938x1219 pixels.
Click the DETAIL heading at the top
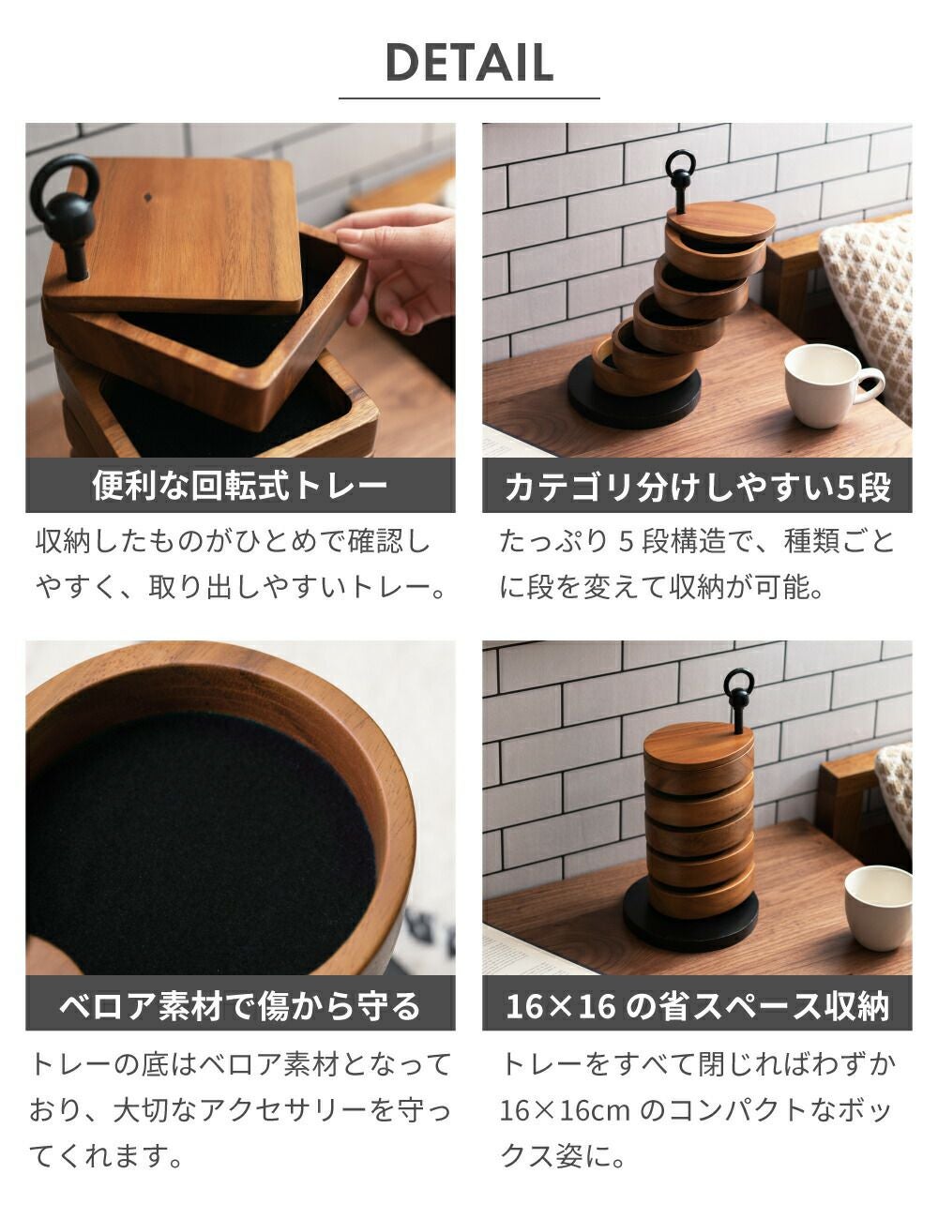click(469, 62)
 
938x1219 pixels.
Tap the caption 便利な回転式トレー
click(239, 485)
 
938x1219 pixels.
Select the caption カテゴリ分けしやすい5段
click(697, 487)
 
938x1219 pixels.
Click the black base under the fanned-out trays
click(634, 393)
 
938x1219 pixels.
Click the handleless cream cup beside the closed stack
click(878, 907)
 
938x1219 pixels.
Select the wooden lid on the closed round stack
click(699, 744)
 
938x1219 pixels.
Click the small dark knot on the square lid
click(149, 198)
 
